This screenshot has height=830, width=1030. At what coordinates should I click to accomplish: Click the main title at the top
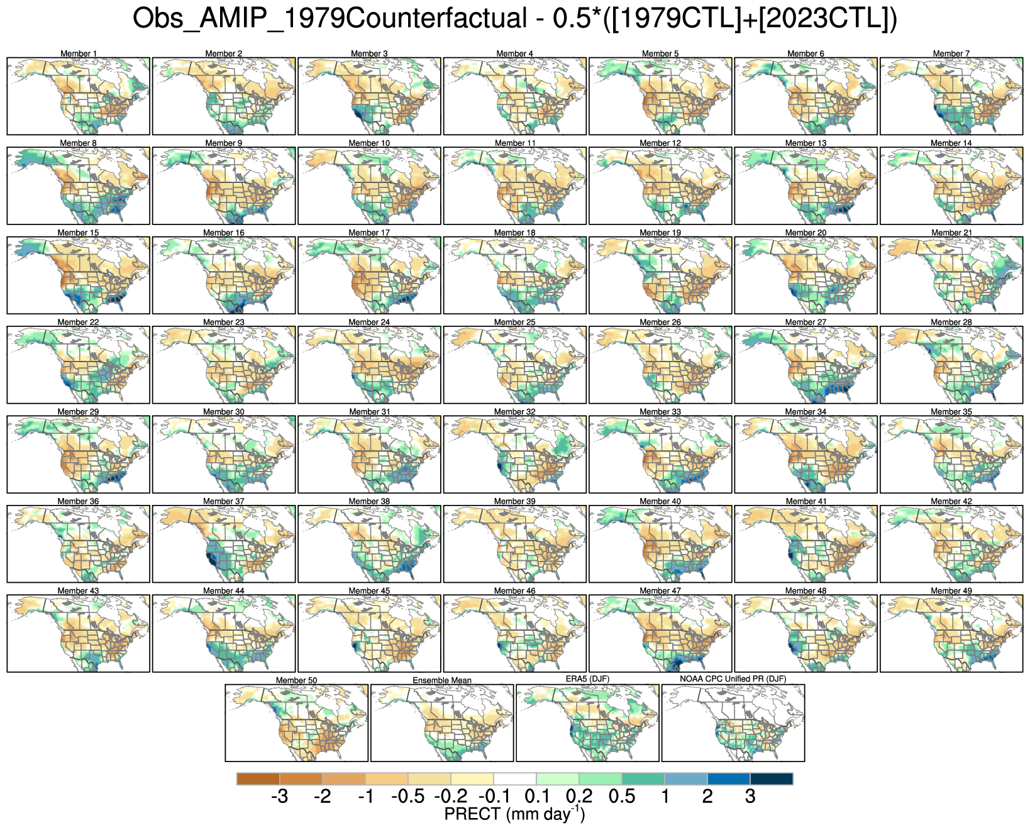(x=514, y=19)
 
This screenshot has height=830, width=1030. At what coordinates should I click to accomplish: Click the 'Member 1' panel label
(x=79, y=53)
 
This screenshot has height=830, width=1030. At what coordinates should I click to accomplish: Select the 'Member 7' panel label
(x=951, y=53)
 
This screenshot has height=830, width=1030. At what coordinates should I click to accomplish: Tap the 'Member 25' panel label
(x=514, y=322)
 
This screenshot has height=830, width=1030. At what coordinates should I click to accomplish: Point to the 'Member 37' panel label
(x=223, y=501)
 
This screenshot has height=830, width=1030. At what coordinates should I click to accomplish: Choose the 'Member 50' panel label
(x=296, y=680)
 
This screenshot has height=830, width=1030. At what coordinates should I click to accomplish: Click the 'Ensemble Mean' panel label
(x=442, y=680)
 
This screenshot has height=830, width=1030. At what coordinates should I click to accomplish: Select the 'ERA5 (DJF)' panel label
(x=587, y=679)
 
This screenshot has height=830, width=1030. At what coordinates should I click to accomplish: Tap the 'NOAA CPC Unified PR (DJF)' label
(x=733, y=679)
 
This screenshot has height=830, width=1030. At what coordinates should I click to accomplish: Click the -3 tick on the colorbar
(x=279, y=797)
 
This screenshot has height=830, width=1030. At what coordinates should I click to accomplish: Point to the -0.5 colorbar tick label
(x=407, y=797)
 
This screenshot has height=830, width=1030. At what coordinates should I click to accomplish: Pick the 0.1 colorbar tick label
(x=537, y=797)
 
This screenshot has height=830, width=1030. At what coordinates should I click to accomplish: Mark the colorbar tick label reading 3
(x=750, y=797)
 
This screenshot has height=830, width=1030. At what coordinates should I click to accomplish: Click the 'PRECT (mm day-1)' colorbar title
(x=514, y=815)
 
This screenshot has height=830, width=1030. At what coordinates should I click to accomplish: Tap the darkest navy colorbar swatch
(x=771, y=779)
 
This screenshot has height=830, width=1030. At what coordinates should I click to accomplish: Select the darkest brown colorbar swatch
(x=258, y=779)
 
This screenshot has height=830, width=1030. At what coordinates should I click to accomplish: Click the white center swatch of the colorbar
(x=514, y=779)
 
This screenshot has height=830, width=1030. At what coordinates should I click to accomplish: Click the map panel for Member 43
(x=79, y=634)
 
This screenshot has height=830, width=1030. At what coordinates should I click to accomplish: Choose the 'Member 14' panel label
(x=951, y=143)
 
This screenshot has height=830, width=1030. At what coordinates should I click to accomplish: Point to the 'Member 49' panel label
(x=951, y=590)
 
